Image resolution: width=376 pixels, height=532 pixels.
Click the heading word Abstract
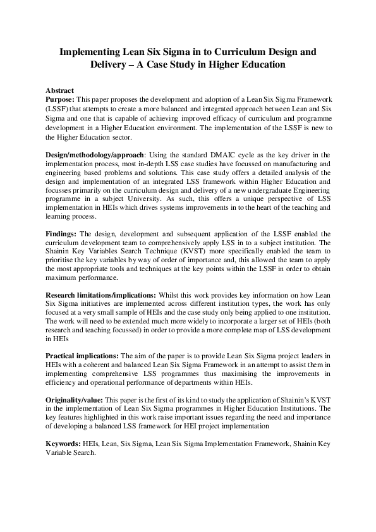[x=60, y=91]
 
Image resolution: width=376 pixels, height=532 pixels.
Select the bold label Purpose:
[x=61, y=100]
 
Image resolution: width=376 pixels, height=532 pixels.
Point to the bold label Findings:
[x=62, y=233]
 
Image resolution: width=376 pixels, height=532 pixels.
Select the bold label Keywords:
[x=64, y=444]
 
